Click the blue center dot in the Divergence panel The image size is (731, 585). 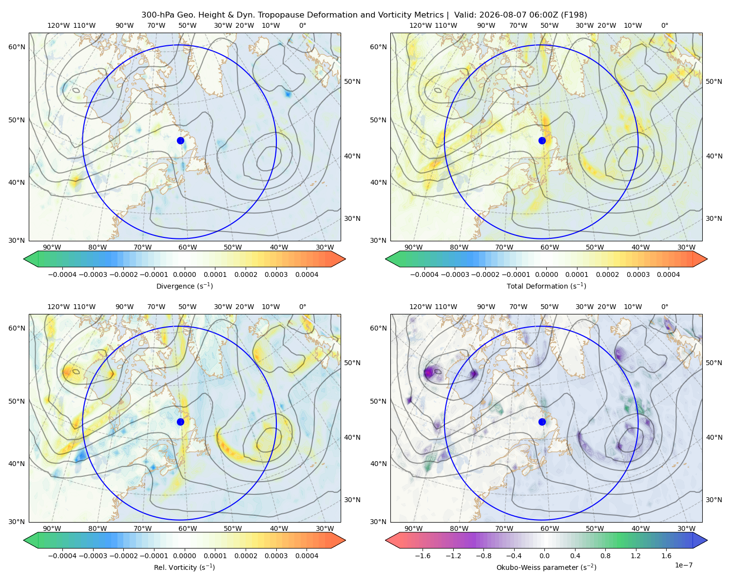point(180,141)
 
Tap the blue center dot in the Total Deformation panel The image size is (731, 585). point(542,141)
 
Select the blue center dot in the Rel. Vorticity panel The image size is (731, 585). point(180,422)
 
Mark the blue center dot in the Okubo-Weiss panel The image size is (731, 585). point(542,422)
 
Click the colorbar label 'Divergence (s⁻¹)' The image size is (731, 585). point(184,286)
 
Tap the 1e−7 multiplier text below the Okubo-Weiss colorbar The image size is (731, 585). point(683,565)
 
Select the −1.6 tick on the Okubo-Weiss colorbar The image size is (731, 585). point(423,556)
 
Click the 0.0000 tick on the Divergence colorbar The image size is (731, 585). point(184,274)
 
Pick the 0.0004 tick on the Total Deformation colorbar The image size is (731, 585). point(668,274)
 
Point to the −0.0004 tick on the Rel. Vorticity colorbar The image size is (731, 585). point(62,556)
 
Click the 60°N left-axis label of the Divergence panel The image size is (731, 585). point(17,47)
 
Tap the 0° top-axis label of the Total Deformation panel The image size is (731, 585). point(664,25)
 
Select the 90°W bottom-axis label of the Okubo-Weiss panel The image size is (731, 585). point(413,528)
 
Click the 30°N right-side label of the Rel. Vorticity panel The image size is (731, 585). point(352,500)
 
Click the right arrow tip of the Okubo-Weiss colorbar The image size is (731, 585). point(707,540)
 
